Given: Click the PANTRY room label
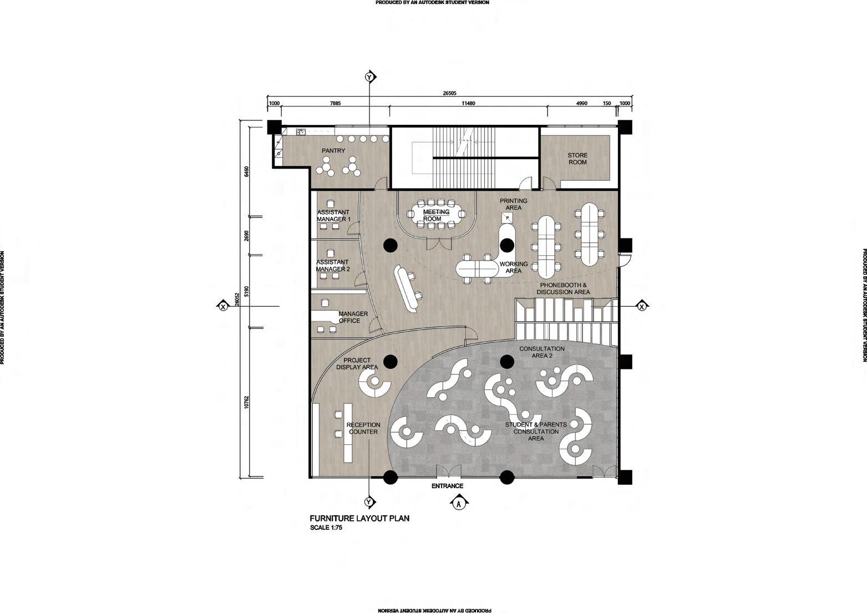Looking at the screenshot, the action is (x=333, y=151).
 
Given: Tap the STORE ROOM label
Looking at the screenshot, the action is (x=577, y=159).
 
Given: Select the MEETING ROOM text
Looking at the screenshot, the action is (x=436, y=215).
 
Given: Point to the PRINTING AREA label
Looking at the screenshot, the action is (x=513, y=204).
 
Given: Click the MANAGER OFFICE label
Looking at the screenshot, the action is (x=353, y=317).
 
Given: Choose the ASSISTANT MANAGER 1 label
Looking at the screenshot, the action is (x=333, y=216).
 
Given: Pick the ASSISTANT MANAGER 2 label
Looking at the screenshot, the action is (x=333, y=266).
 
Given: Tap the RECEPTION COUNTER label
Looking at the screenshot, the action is (x=363, y=428).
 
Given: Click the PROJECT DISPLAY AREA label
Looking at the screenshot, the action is (x=357, y=364).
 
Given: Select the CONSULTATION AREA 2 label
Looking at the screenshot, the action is (x=541, y=352).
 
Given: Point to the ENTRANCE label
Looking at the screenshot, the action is (x=447, y=486).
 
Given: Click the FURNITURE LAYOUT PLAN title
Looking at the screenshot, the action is (x=359, y=519).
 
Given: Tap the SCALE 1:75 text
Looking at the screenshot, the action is (x=326, y=528).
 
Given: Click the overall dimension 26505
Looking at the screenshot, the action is (x=449, y=94).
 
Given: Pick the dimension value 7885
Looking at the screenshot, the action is (x=336, y=104).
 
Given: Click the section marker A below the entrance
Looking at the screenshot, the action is (x=459, y=504).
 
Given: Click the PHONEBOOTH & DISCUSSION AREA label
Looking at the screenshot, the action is (x=563, y=288).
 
